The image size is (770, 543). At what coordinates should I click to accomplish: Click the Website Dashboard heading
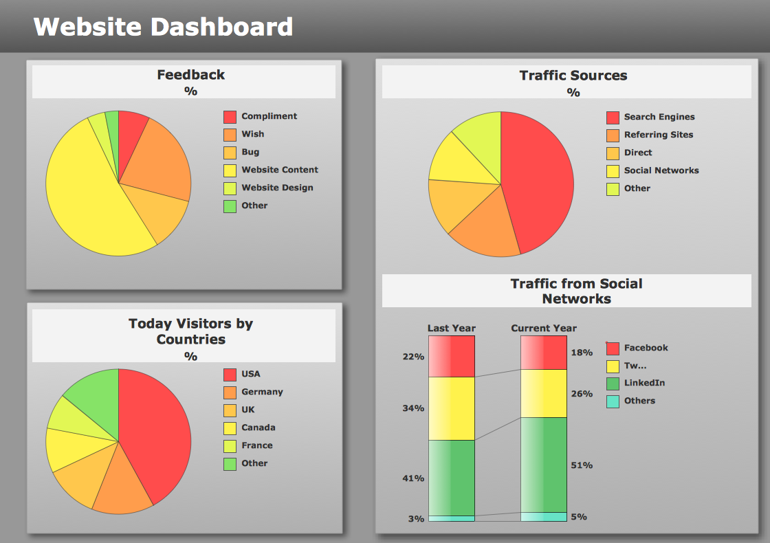click(x=163, y=27)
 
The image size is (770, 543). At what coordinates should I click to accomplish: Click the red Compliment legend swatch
click(x=230, y=117)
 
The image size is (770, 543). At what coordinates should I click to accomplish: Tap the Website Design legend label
click(x=277, y=188)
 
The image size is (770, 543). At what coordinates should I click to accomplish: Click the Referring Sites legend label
click(x=658, y=135)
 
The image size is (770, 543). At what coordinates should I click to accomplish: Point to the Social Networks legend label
click(x=661, y=170)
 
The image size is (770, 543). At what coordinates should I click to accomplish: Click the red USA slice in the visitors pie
click(x=155, y=433)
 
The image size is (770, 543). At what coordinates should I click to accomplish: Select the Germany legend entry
click(x=262, y=392)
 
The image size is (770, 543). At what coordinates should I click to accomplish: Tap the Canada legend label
click(x=258, y=428)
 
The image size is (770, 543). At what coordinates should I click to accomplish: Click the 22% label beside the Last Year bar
click(x=413, y=357)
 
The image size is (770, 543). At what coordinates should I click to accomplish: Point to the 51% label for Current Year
click(x=582, y=465)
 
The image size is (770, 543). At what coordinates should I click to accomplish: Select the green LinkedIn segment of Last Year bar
click(x=452, y=478)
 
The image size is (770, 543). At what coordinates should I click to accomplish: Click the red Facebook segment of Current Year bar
click(x=544, y=353)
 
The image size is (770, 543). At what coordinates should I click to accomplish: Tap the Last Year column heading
click(x=452, y=328)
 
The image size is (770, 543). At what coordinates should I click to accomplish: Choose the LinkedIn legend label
click(x=644, y=383)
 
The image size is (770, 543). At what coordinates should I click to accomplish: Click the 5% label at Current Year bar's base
click(x=579, y=517)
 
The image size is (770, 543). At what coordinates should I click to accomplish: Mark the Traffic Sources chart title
click(x=573, y=76)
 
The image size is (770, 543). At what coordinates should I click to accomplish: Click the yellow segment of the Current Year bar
click(x=544, y=393)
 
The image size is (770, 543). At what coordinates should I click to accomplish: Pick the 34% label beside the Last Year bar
click(x=413, y=408)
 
